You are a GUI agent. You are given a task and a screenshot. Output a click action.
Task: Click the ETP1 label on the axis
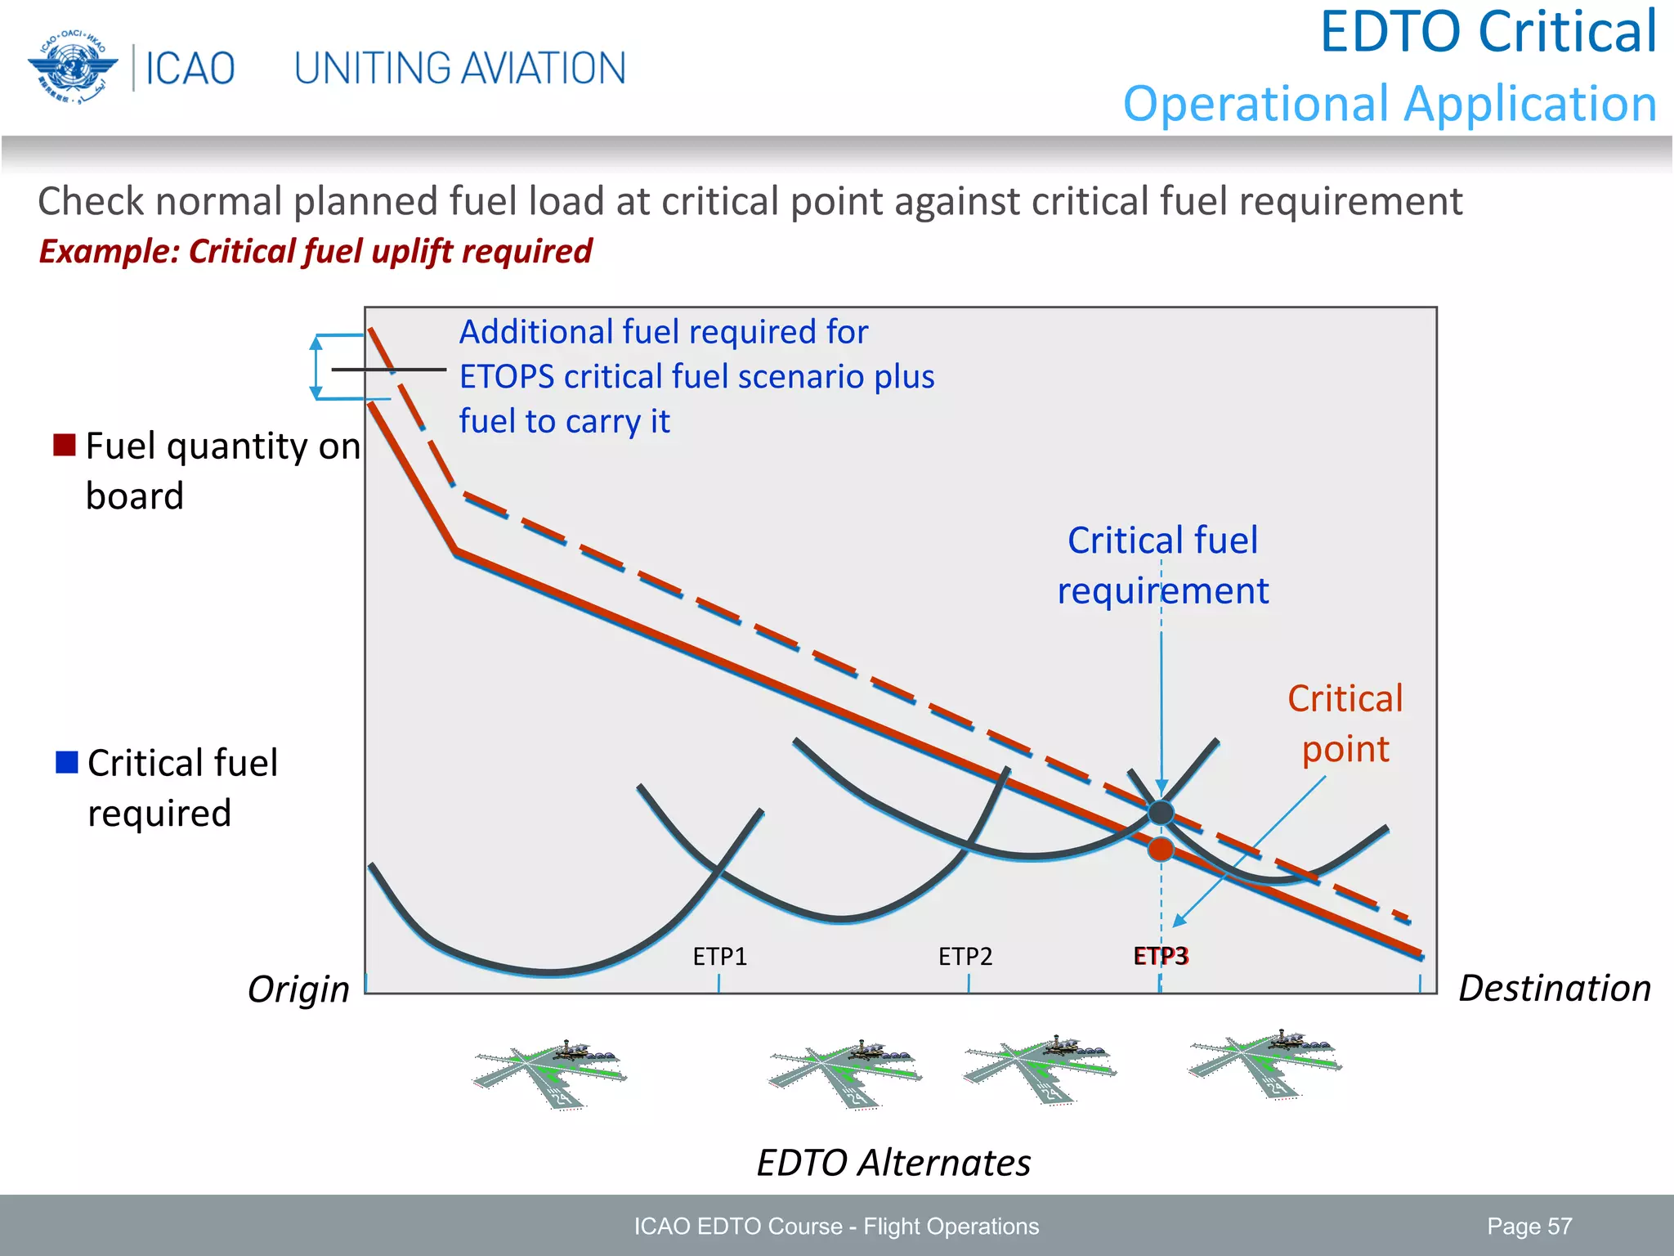tap(719, 956)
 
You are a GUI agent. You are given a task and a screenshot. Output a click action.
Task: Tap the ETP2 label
tap(965, 956)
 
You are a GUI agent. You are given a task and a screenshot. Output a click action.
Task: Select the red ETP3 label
tap(1161, 956)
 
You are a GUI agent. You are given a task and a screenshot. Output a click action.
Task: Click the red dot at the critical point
tap(1161, 850)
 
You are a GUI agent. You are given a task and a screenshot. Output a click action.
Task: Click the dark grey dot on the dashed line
tap(1161, 813)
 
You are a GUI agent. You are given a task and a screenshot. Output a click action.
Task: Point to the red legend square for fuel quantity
tap(65, 445)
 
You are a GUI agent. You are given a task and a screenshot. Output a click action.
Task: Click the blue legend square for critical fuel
tap(66, 761)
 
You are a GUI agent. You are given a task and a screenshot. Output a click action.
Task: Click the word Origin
tap(298, 989)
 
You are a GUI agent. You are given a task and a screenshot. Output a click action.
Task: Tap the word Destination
tap(1554, 988)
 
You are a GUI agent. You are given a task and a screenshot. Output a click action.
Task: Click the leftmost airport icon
tap(550, 1072)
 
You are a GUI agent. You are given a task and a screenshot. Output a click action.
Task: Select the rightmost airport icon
tap(1264, 1065)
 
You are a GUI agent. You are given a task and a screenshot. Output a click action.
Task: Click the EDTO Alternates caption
tap(893, 1162)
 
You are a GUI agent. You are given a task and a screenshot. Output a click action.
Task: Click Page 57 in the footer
tap(1529, 1226)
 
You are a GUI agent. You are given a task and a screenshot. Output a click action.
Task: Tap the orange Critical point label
tap(1345, 724)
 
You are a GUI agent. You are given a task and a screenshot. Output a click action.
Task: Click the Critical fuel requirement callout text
tap(1162, 565)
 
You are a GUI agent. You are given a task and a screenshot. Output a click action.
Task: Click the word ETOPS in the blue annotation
tap(506, 377)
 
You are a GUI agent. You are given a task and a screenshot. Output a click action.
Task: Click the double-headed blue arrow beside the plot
tap(316, 367)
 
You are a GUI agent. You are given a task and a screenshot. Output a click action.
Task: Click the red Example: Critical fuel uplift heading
tap(316, 251)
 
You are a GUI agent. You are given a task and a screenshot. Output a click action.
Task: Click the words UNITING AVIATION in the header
tap(459, 69)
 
